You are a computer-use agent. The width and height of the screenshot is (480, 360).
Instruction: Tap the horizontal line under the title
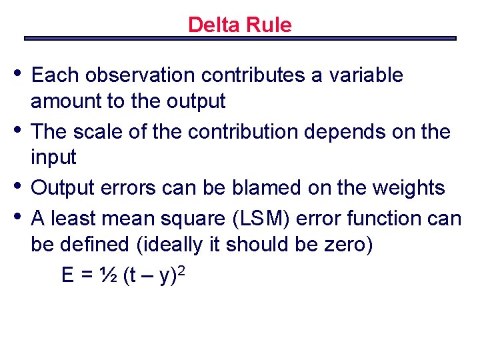click(x=240, y=38)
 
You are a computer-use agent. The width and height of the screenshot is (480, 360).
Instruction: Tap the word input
click(x=53, y=158)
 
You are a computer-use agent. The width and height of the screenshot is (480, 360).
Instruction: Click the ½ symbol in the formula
click(x=109, y=275)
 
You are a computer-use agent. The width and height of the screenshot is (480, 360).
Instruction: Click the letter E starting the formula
click(x=68, y=275)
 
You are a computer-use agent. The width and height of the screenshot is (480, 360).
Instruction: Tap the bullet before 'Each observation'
click(x=19, y=72)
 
